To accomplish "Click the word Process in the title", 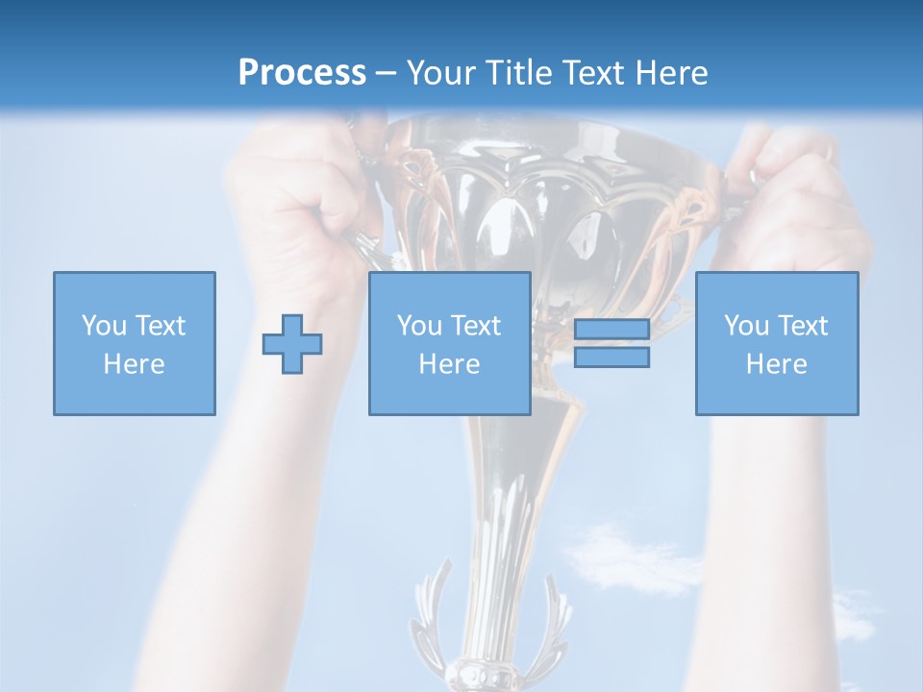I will (x=302, y=73).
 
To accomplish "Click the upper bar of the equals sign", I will (x=611, y=329).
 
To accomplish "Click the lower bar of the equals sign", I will (x=611, y=357).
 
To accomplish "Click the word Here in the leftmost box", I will (x=134, y=364).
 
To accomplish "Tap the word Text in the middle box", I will (x=477, y=326).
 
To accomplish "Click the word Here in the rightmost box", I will (x=776, y=364).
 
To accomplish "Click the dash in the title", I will (x=387, y=74).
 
